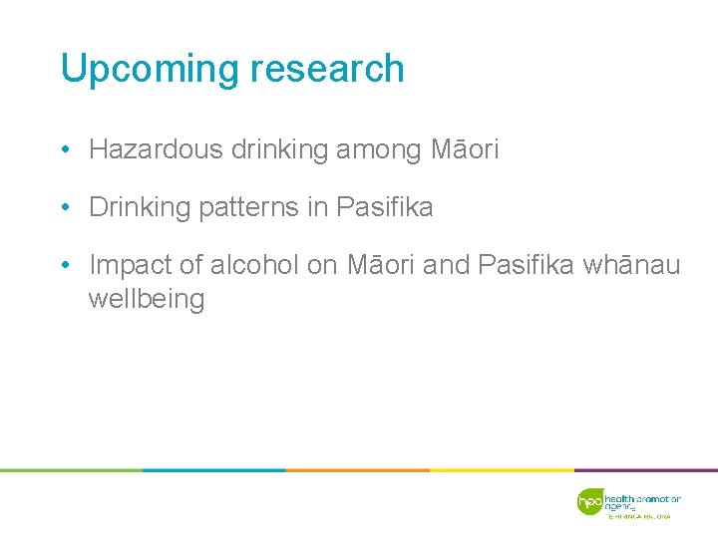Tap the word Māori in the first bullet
(x=465, y=150)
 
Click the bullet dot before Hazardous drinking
(x=63, y=151)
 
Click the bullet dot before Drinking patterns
(x=63, y=208)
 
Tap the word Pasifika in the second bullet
(x=385, y=207)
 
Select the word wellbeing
(x=147, y=299)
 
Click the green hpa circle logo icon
(x=590, y=501)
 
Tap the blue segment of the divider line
(x=214, y=469)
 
